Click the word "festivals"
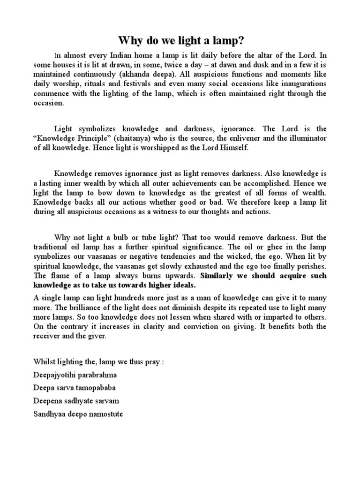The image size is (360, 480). pos(135,84)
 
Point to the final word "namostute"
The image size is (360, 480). pos(107,414)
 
